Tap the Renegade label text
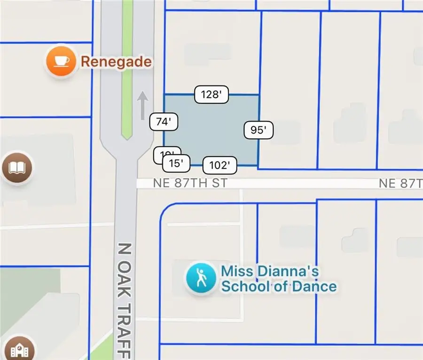click(x=116, y=62)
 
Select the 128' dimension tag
click(x=211, y=94)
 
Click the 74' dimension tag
click(x=163, y=122)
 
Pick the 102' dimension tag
click(x=219, y=165)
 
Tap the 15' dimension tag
click(x=176, y=164)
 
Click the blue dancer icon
click(x=202, y=278)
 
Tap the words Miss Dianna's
click(x=270, y=272)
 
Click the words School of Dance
click(x=279, y=286)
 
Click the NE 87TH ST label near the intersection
click(x=190, y=183)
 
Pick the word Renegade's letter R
click(x=85, y=62)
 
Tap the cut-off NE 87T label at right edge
click(x=400, y=183)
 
